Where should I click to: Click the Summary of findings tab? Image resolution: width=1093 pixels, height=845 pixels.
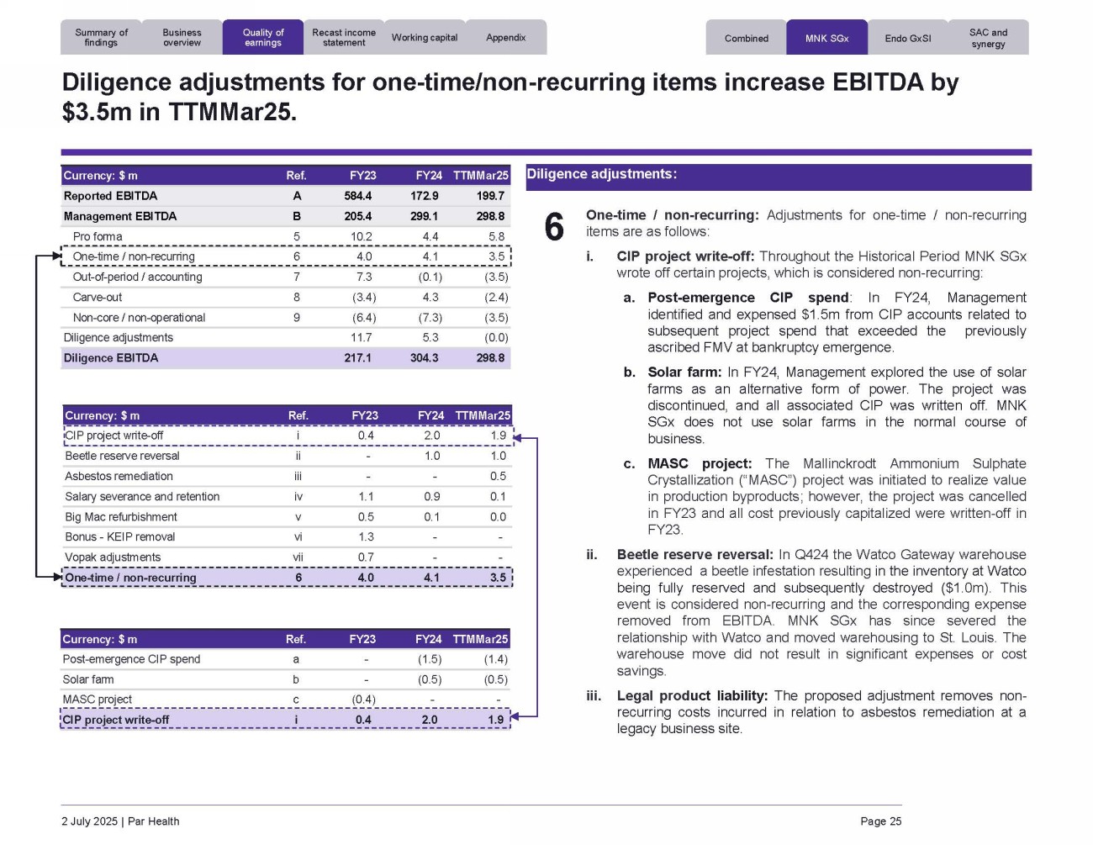point(101,38)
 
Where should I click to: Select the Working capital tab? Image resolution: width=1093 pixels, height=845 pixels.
point(425,38)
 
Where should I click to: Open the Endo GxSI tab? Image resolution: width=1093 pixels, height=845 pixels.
point(908,39)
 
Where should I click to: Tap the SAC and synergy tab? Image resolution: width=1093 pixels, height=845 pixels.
point(988,38)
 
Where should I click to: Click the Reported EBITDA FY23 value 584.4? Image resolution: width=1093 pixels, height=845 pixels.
point(357,196)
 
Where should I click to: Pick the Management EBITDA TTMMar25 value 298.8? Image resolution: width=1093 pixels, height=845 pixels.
point(490,216)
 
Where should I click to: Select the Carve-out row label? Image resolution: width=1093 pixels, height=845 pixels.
point(98,297)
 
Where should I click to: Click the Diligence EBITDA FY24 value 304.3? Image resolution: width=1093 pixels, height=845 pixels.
point(424,357)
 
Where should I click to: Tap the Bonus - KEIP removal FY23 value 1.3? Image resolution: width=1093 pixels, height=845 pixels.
point(366,536)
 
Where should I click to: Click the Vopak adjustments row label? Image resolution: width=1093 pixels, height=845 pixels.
point(113,557)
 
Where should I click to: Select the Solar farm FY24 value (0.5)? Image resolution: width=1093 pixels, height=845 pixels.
point(430,679)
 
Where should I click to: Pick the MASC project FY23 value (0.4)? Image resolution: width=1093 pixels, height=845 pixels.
point(363,700)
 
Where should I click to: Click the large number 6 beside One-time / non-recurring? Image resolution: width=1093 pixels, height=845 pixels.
point(554,227)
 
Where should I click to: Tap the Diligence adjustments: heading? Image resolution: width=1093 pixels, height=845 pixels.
point(601,174)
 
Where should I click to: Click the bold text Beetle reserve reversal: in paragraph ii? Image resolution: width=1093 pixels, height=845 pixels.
point(694,555)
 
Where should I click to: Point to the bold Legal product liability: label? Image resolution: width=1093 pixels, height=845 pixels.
point(692,695)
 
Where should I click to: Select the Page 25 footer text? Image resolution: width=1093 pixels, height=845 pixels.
point(880,821)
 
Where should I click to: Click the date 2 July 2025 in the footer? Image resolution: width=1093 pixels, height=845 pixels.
point(89,821)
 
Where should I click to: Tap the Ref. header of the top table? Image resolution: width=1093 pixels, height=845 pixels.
point(296,176)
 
